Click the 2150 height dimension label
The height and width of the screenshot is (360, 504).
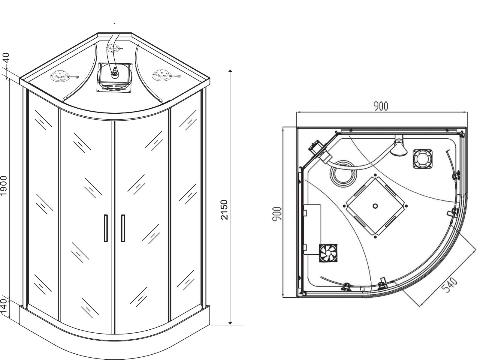pos(224,210)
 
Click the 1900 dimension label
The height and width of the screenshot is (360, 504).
pos(4,186)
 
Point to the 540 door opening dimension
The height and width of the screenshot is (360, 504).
pos(449,285)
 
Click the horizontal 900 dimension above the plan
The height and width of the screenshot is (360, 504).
pos(381,106)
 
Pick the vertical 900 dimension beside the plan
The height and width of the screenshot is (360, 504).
pos(277,214)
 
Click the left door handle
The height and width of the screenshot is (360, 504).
pos(106,228)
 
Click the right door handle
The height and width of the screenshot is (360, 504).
pos(123,228)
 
